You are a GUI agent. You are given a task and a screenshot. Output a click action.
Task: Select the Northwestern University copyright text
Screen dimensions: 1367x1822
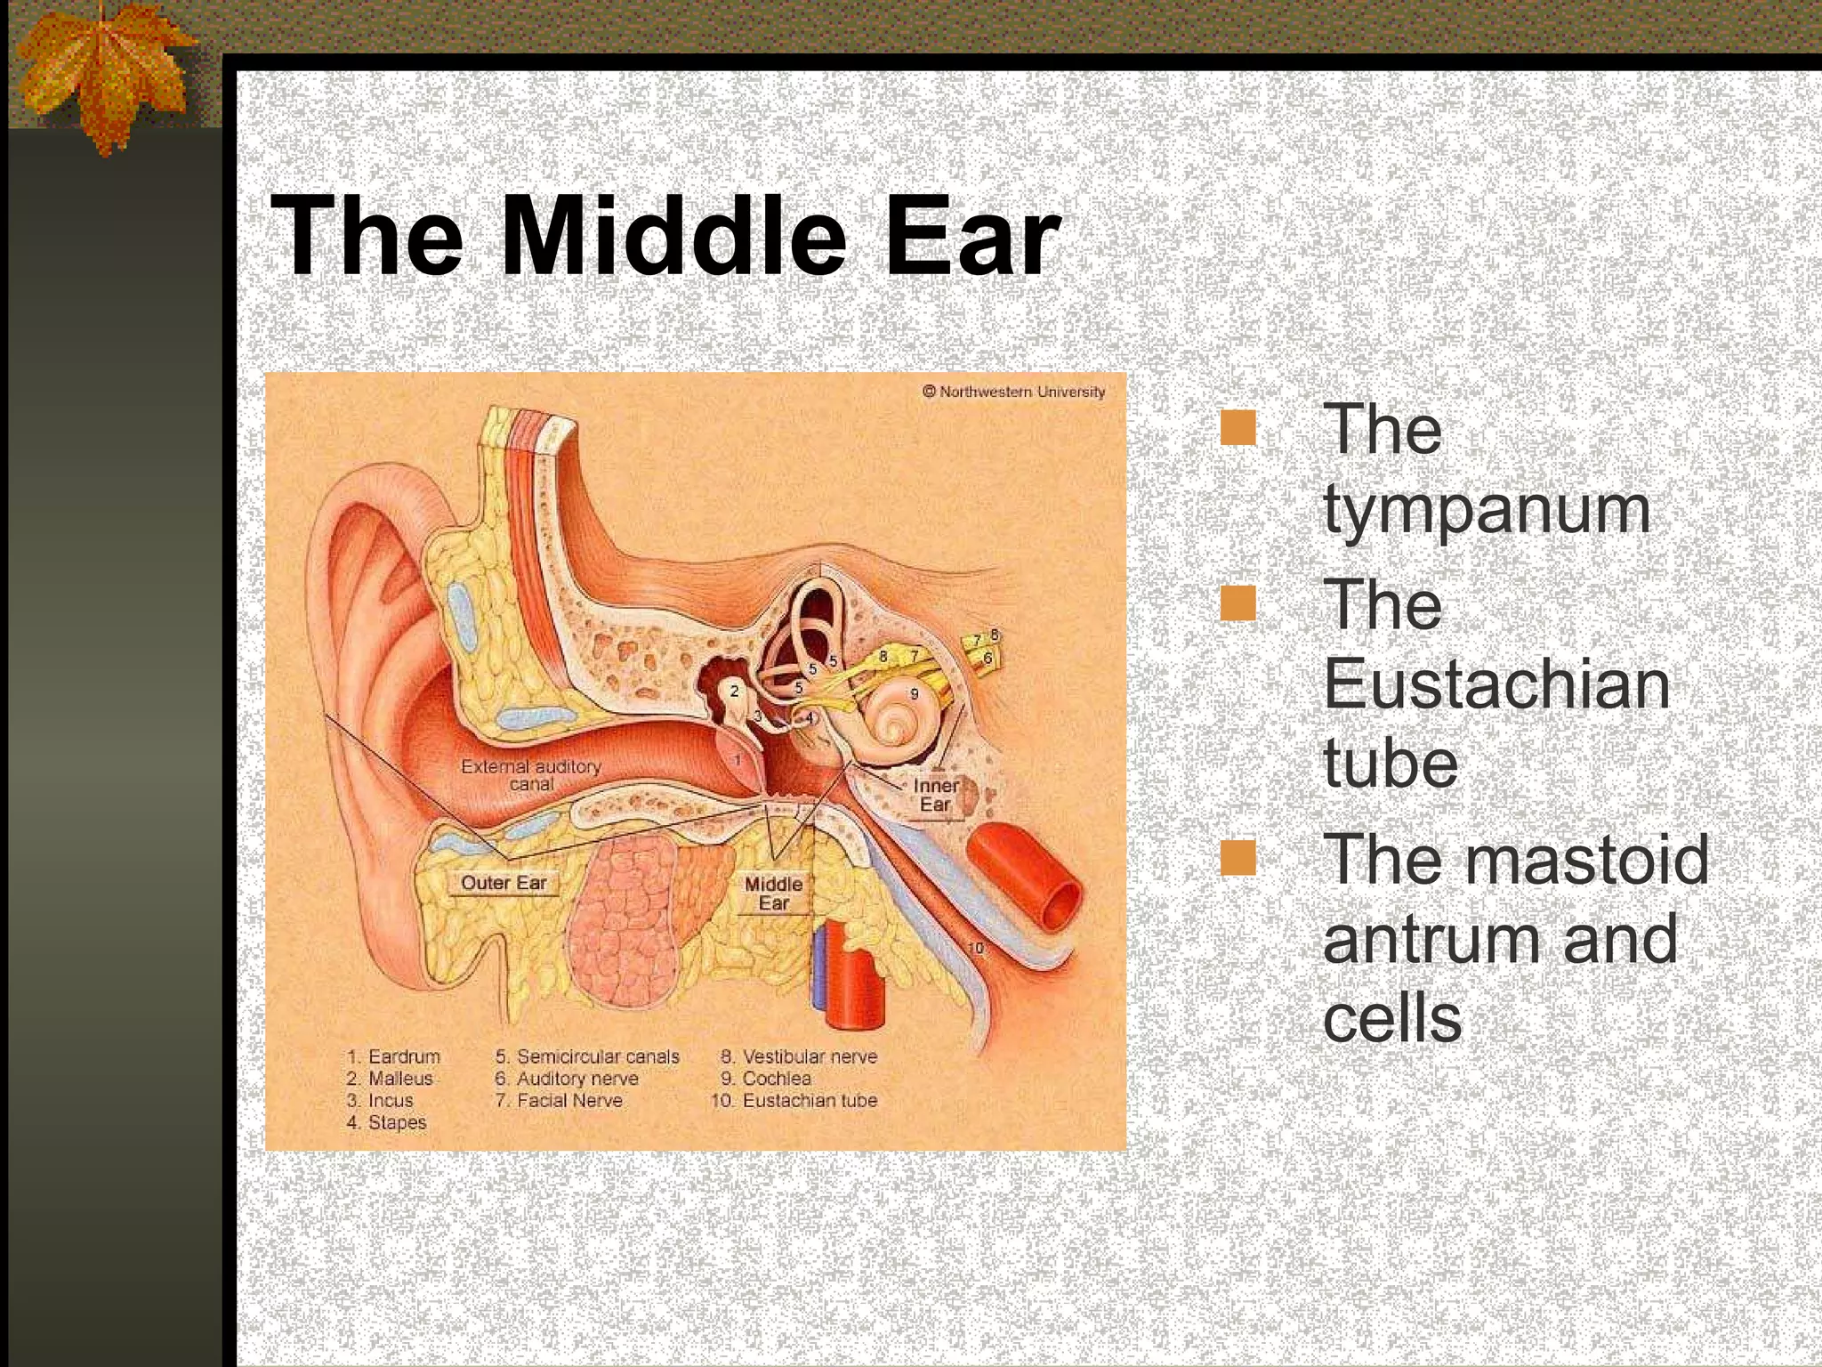click(x=1013, y=392)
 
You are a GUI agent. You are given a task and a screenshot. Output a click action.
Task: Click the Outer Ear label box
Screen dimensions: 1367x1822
click(x=504, y=882)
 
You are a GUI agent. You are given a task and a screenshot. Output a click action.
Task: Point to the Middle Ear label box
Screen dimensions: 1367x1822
click(x=773, y=893)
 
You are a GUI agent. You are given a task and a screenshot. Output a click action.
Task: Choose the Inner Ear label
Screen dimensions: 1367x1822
click(x=935, y=795)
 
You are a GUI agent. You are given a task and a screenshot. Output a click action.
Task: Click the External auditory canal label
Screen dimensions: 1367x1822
click(x=531, y=774)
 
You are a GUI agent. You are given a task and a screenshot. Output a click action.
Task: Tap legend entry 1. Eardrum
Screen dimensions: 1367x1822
click(x=393, y=1056)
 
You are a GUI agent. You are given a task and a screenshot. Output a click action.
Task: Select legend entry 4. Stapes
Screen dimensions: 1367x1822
click(x=386, y=1122)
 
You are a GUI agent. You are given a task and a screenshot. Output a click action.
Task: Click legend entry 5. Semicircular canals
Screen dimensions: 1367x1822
click(x=587, y=1056)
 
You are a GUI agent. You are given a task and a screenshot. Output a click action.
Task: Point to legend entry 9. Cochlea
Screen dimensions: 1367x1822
click(x=766, y=1078)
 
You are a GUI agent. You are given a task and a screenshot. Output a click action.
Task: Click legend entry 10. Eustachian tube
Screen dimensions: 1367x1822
click(x=794, y=1100)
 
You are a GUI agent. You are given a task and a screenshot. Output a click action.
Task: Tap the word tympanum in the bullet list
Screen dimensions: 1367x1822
click(x=1486, y=511)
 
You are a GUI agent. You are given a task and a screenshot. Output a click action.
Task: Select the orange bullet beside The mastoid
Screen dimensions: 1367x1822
click(x=1238, y=858)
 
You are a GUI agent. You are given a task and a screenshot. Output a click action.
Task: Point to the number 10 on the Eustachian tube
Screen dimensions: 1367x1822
click(x=976, y=948)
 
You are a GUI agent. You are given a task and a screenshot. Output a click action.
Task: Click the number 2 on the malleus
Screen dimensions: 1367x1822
click(x=734, y=691)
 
